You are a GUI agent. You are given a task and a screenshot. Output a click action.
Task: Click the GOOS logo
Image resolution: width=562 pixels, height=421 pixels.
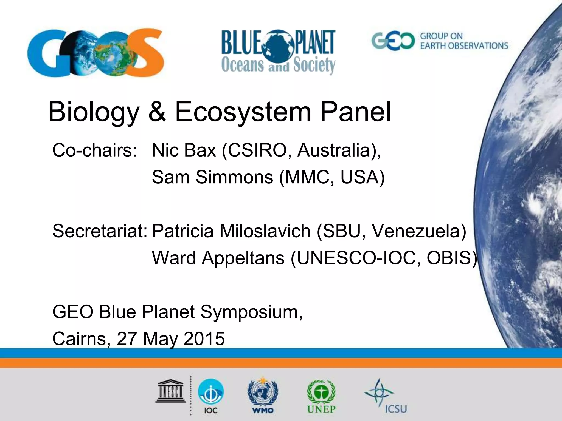click(x=95, y=53)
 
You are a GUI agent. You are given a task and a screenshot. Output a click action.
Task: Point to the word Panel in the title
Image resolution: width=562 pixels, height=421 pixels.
click(x=355, y=112)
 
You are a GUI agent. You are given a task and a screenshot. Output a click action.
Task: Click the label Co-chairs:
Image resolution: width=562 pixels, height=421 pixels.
click(x=94, y=150)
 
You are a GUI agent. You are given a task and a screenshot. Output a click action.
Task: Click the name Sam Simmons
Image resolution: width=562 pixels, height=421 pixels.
click(x=212, y=177)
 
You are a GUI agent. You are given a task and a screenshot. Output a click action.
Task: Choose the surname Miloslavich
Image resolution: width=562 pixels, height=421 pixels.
click(x=265, y=231)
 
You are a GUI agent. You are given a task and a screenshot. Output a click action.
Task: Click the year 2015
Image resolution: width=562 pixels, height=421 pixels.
click(x=204, y=339)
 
